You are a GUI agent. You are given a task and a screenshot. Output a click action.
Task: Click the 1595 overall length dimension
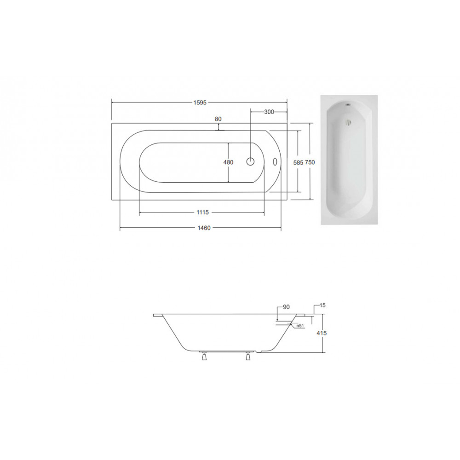tap(200, 103)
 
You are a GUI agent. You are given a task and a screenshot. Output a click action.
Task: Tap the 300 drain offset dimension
tap(269, 112)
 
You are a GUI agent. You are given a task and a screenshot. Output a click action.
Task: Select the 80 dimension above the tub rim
tap(218, 119)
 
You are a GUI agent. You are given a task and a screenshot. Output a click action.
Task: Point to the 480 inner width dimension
tap(228, 162)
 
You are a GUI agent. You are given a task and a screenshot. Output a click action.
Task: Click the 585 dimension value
tap(298, 162)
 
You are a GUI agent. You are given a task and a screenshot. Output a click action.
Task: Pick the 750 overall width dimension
tap(310, 162)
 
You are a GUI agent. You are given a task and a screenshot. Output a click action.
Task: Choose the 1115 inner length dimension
tap(202, 213)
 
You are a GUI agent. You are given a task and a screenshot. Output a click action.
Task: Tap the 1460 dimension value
tap(204, 228)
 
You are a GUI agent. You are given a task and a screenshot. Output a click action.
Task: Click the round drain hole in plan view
tap(250, 161)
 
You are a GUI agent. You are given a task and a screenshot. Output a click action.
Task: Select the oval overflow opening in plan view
tap(275, 161)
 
